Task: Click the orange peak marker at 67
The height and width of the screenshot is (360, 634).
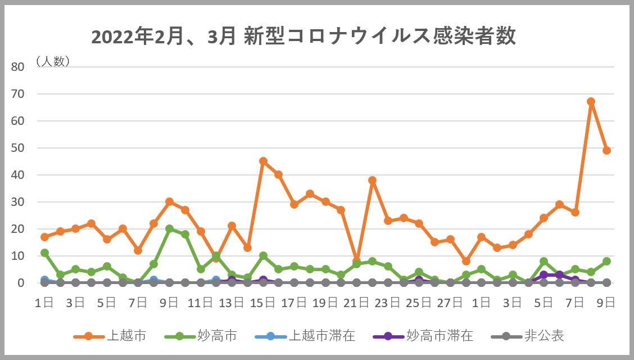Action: (591, 101)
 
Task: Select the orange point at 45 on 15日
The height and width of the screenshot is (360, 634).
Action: (263, 161)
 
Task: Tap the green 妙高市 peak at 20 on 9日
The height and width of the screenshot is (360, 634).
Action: (169, 228)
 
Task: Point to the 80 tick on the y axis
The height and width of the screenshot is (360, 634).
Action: (18, 66)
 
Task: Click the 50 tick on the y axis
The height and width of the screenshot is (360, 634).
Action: (18, 147)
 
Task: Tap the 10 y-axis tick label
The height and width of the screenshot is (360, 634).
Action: (18, 255)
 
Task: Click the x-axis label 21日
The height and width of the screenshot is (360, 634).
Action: (356, 303)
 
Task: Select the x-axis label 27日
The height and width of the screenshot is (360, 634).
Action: (450, 303)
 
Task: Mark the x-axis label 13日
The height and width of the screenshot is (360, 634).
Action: (232, 303)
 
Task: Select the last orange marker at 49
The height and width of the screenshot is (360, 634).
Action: (606, 150)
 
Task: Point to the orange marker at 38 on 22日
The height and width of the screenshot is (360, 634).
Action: (372, 180)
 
